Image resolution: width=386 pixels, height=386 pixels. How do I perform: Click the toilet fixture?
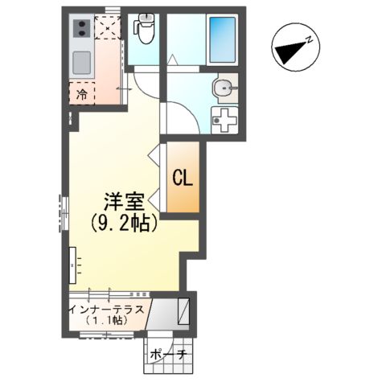[146, 31]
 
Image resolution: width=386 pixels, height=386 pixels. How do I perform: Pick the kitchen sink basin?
[82, 62]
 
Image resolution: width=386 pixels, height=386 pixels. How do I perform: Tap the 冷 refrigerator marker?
[82, 94]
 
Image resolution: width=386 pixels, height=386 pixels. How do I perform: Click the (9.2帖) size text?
[122, 223]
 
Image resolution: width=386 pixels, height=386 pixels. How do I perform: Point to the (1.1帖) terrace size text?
[108, 320]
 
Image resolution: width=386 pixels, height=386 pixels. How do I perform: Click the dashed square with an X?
[106, 28]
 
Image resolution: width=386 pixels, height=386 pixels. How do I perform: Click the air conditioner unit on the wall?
[73, 262]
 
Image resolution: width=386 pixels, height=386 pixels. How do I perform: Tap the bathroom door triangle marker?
[171, 59]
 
